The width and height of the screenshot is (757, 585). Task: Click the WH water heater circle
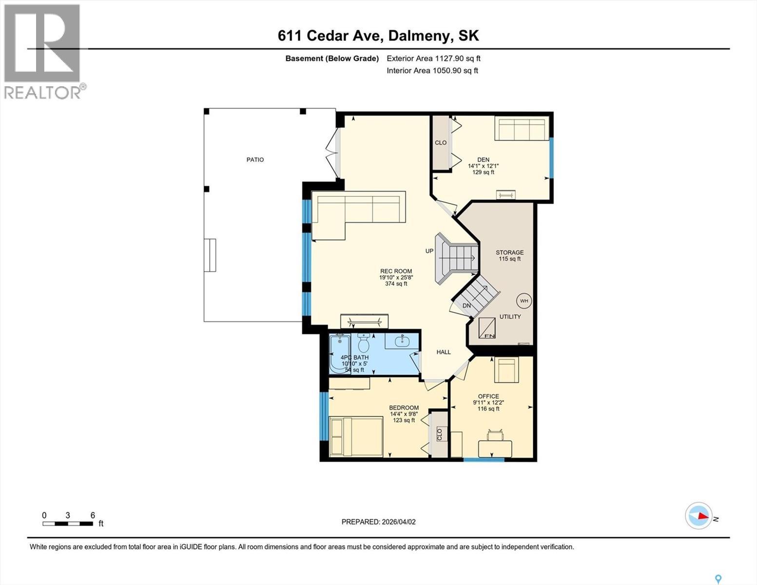click(524, 301)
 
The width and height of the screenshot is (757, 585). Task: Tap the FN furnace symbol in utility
click(486, 329)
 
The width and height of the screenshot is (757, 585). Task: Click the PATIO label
click(255, 159)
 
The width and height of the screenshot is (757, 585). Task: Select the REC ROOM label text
click(396, 272)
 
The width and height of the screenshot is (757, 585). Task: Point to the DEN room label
click(483, 159)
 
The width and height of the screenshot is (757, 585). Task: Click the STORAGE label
click(509, 253)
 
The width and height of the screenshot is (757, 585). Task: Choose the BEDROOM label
click(404, 408)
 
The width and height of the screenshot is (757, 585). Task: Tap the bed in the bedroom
click(354, 436)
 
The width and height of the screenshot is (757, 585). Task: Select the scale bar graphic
click(68, 524)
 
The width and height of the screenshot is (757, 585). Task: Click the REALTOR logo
click(42, 51)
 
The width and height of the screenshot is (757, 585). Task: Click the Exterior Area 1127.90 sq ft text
click(433, 58)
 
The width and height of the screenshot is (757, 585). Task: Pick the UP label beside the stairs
click(429, 251)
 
